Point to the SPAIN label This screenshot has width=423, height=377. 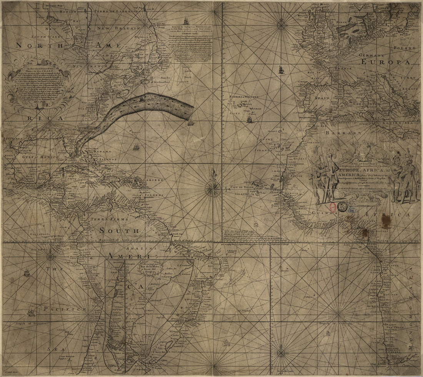coord(323,98)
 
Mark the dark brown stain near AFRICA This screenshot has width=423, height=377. coord(384,219)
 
